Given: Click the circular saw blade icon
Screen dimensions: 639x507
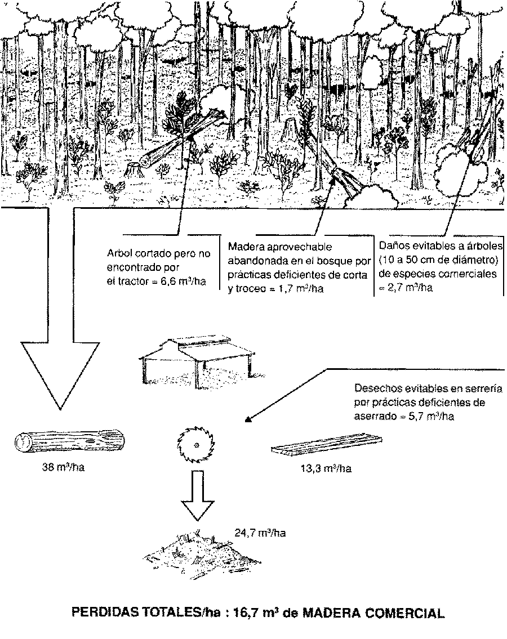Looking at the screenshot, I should [x=195, y=445].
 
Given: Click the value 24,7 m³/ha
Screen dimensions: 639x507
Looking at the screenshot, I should [x=260, y=532].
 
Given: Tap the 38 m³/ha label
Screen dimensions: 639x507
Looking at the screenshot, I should [x=63, y=467].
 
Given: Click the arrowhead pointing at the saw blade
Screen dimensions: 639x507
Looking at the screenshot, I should [x=248, y=418].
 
